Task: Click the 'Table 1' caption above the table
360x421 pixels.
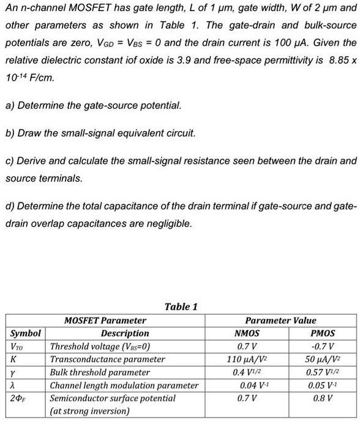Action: click(x=181, y=307)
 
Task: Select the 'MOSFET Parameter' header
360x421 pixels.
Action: click(x=105, y=320)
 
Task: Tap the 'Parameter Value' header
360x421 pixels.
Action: click(x=280, y=320)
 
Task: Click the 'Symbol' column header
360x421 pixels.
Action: click(x=26, y=333)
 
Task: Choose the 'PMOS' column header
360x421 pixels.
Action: click(x=323, y=333)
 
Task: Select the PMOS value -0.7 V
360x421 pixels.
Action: click(x=323, y=346)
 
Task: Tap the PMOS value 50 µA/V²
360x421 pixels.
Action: click(x=323, y=359)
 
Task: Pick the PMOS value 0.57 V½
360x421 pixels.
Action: click(x=323, y=372)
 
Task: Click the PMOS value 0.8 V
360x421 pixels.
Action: click(x=323, y=398)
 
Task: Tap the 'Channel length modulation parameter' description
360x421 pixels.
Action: click(x=124, y=385)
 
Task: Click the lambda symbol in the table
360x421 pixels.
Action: click(x=14, y=385)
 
